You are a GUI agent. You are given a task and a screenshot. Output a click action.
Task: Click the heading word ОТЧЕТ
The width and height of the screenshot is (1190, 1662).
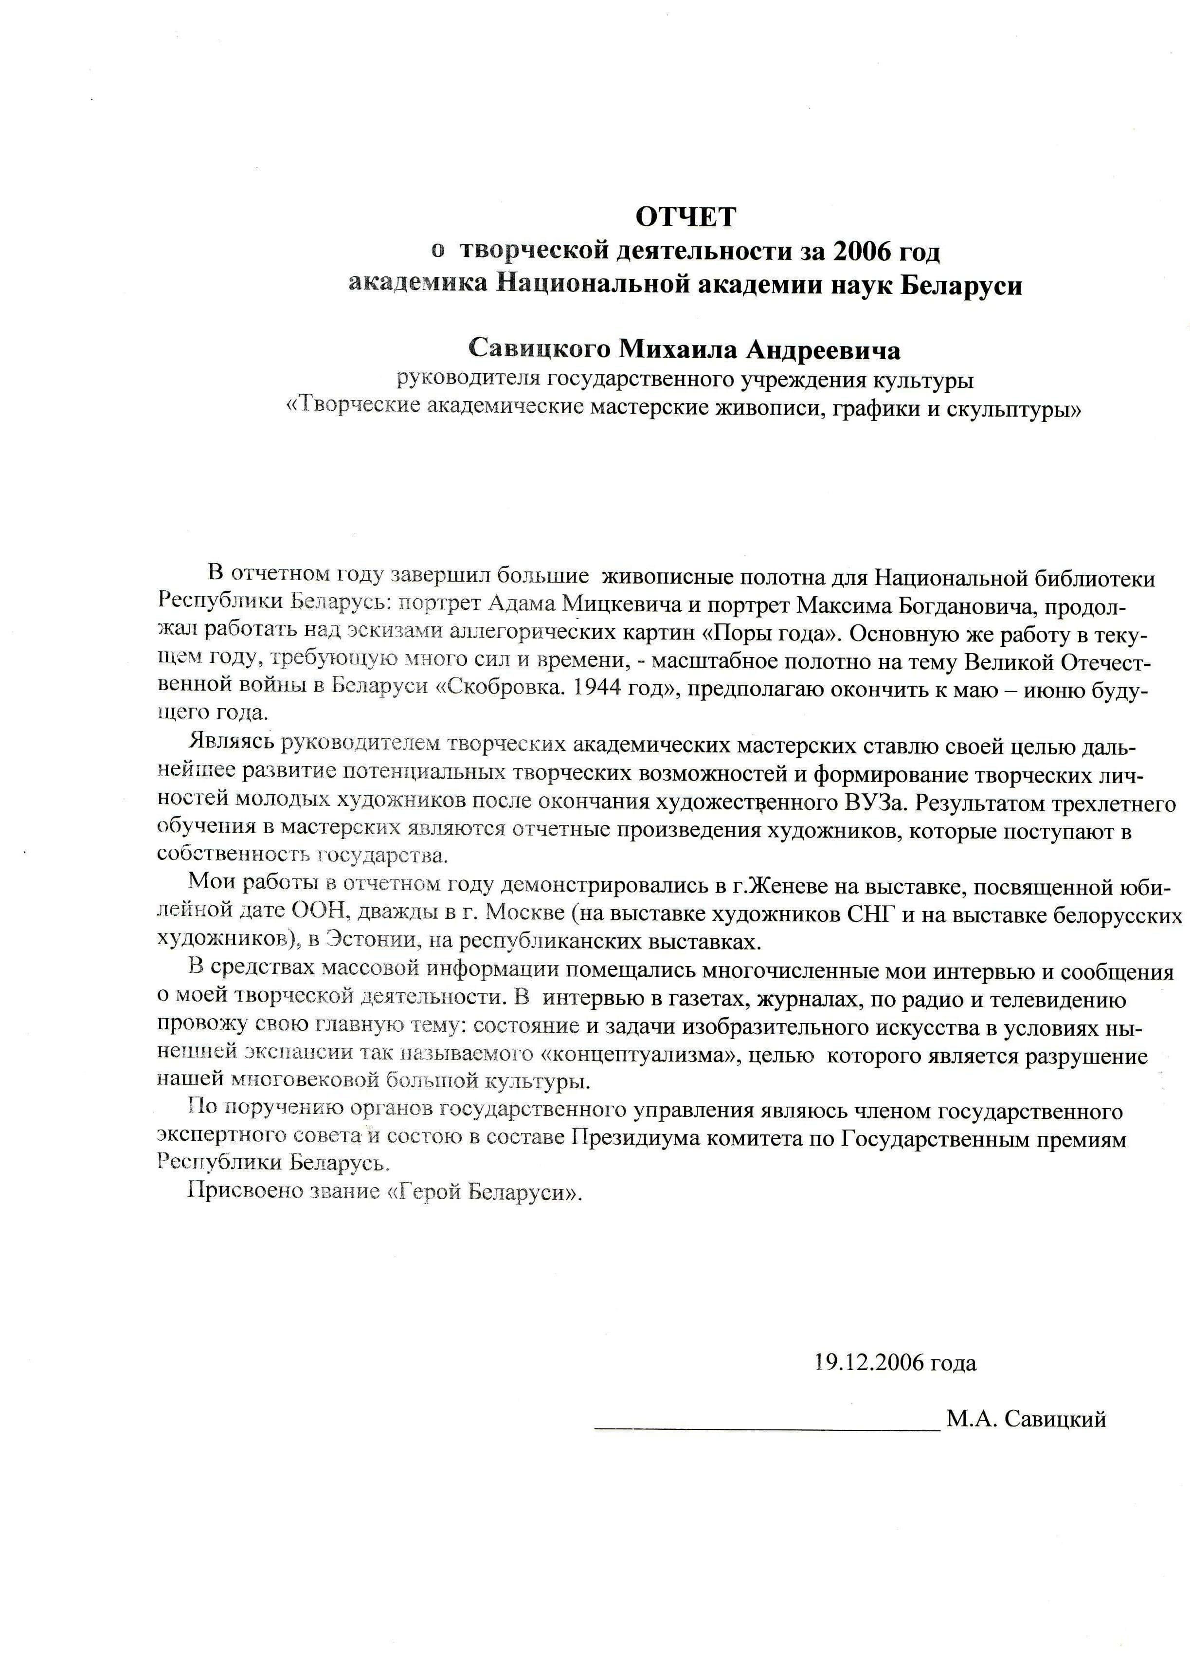(685, 217)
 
